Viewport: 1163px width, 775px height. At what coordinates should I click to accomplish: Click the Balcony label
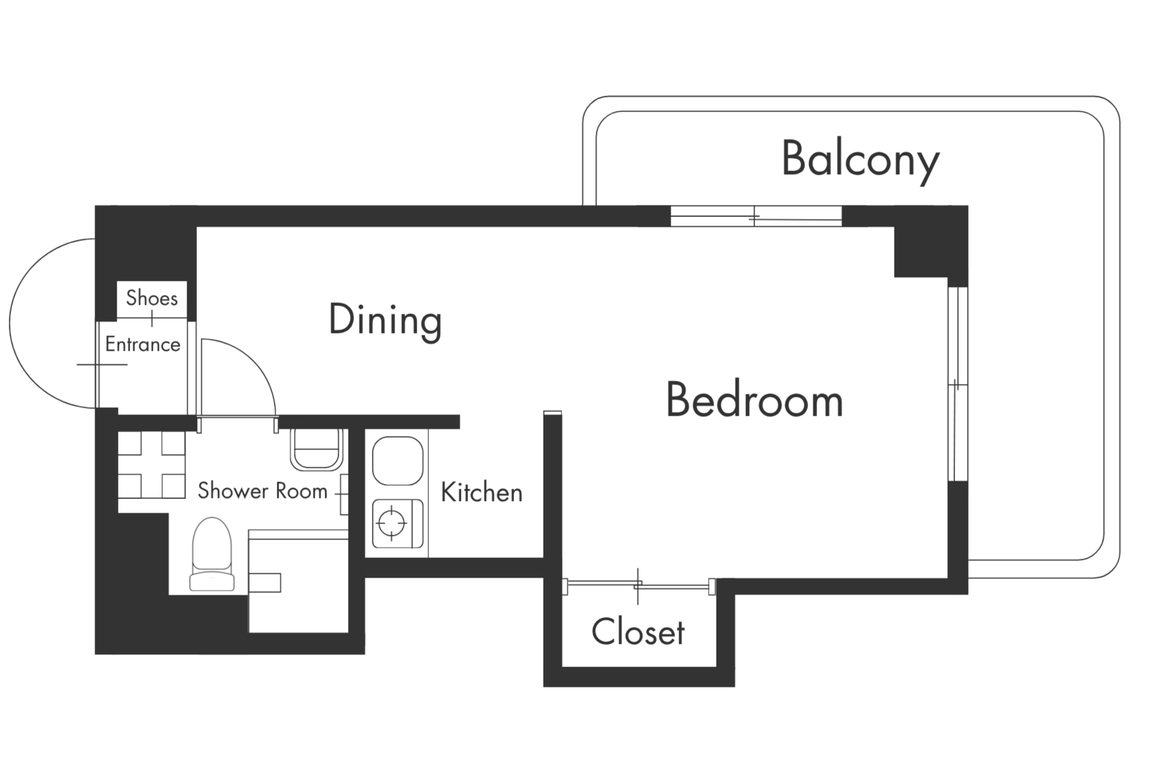coord(860,159)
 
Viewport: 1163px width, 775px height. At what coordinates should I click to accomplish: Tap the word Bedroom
coord(754,400)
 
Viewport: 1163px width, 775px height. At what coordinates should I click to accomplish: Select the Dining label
coord(385,320)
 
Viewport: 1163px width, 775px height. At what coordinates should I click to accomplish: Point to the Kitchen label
coord(482,492)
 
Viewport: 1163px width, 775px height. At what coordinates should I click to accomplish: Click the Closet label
coord(638,632)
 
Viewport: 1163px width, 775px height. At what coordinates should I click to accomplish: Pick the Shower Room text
coord(263,491)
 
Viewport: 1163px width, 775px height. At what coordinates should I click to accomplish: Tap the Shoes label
coord(152,298)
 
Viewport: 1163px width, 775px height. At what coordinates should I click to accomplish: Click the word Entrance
coord(143,345)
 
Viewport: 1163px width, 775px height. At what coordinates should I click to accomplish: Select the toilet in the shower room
coord(212,555)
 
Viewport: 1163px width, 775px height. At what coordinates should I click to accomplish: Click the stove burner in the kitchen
coord(391,524)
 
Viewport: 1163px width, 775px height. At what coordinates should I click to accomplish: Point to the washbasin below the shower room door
coord(315,449)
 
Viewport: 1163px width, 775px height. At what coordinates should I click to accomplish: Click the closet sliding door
coord(639,586)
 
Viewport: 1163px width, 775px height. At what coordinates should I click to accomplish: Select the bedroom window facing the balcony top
coord(756,216)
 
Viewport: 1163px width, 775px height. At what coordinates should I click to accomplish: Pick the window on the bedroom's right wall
coord(958,384)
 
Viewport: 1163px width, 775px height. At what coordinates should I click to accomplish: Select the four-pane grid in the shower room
coord(152,465)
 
